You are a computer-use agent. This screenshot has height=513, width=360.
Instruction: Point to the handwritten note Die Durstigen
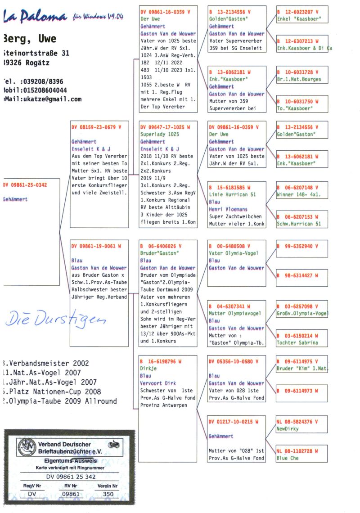tap(54, 320)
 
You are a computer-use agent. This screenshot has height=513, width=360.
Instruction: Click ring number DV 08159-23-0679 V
tap(96, 127)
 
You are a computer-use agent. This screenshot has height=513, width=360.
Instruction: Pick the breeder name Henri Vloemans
tap(228, 209)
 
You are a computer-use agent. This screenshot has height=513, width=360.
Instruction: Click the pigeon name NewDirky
tap(288, 429)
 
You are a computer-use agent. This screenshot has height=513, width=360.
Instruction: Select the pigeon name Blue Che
tap(288, 458)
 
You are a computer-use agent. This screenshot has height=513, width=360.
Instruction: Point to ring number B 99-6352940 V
tap(297, 247)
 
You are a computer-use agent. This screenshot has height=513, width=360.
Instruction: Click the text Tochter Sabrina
tap(297, 342)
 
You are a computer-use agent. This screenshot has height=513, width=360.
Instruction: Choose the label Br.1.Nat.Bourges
tap(299, 79)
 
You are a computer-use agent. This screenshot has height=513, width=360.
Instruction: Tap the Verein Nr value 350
tap(108, 494)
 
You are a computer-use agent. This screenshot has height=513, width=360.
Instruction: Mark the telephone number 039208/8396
tap(40, 81)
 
